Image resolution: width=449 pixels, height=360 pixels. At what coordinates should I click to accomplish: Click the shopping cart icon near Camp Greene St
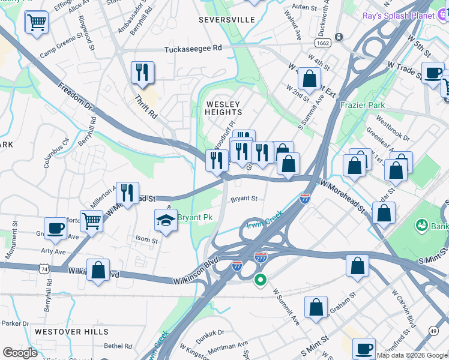point(37,22)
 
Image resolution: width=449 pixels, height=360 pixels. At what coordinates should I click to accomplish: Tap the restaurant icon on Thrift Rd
point(142,73)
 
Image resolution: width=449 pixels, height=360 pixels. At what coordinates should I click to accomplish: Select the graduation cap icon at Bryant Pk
point(166,221)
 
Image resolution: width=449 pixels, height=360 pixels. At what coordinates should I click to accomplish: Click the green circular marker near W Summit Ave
point(261,280)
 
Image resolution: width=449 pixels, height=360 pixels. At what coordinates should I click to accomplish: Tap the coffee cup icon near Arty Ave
point(55,229)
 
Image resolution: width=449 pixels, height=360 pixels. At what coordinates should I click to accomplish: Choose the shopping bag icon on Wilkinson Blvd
point(98,271)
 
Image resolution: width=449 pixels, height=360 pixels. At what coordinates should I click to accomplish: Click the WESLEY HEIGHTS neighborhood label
point(224,108)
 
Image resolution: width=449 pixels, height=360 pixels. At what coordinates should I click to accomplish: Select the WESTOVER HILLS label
point(71,331)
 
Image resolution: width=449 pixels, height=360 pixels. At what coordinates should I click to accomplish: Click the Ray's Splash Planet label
point(399,16)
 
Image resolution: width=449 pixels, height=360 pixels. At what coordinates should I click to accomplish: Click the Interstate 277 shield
point(261,257)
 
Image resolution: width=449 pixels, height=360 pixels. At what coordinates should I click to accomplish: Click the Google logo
point(21,353)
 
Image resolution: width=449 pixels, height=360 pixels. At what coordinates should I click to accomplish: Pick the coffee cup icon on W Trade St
point(432,73)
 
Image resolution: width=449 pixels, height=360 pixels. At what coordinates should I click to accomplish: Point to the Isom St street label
point(146,241)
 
